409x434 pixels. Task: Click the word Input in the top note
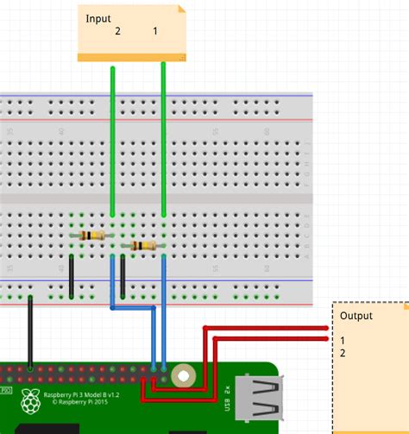tap(98, 18)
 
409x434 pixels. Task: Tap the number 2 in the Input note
tap(117, 32)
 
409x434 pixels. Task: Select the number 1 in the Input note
tap(155, 32)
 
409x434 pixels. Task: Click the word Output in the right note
tap(356, 316)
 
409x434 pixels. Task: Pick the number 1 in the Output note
tap(343, 341)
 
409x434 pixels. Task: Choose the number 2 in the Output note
tap(343, 353)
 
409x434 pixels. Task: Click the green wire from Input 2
tap(112, 138)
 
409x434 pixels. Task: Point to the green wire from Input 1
tap(164, 138)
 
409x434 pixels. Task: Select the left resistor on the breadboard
tap(91, 236)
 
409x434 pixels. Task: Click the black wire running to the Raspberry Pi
tap(31, 332)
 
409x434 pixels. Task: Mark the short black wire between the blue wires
tap(124, 276)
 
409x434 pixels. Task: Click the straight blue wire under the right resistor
tap(164, 311)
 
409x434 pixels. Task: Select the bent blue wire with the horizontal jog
tap(134, 307)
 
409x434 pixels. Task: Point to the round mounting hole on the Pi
tap(183, 375)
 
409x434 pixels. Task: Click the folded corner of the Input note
tap(181, 10)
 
